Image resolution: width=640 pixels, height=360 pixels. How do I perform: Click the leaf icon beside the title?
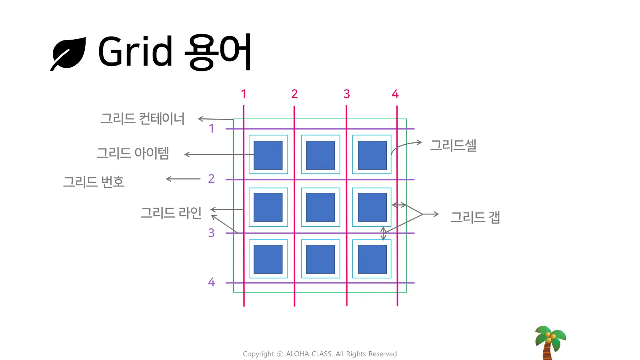tap(68, 54)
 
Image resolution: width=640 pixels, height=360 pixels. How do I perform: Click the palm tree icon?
tap(550, 342)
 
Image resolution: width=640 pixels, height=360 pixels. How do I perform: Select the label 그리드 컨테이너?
tap(143, 118)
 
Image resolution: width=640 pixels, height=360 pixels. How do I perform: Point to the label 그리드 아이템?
tap(133, 153)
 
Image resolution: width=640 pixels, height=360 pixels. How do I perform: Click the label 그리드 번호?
tap(94, 182)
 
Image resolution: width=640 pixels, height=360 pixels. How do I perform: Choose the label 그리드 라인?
tap(171, 212)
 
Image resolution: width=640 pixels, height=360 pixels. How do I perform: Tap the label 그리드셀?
tap(453, 145)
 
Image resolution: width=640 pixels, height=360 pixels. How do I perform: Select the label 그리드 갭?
tap(475, 217)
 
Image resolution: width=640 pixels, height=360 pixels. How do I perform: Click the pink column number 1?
tap(244, 94)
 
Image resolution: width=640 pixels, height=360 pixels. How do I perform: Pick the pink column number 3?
tap(347, 94)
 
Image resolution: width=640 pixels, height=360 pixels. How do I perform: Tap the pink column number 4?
tap(395, 94)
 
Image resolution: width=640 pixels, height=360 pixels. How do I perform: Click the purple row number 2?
tap(211, 178)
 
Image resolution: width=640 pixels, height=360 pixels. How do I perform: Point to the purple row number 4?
tap(211, 282)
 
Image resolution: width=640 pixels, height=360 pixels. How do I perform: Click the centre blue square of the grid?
tap(320, 207)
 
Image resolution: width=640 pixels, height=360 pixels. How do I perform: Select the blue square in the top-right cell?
tap(372, 155)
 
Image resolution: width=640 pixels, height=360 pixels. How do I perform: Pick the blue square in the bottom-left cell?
tap(268, 259)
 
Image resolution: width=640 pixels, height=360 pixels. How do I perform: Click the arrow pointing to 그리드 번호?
tap(183, 179)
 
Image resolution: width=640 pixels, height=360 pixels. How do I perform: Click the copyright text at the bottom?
tap(320, 354)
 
